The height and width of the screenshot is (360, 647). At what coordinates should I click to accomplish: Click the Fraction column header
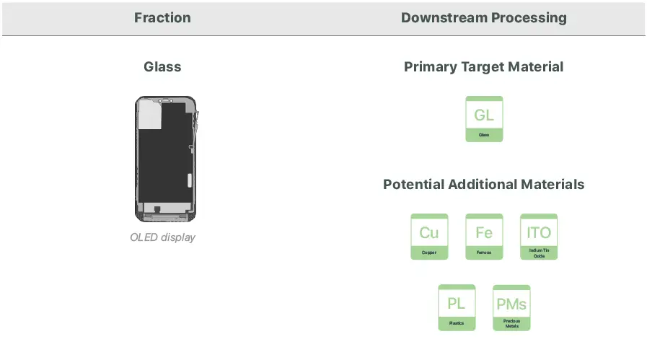pos(162,18)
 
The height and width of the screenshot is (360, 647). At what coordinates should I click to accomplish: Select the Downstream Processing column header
pos(483,18)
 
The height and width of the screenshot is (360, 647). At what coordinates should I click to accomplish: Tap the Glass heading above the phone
pos(162,67)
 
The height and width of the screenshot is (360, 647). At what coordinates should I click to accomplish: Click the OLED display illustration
pos(166,158)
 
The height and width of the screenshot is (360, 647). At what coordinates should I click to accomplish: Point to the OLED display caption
pos(162,237)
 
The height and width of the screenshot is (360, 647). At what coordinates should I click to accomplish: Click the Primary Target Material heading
pos(483,67)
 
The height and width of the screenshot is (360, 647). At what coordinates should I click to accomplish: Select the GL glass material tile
pos(484,118)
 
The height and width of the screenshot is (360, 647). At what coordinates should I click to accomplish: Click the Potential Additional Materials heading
pos(483,185)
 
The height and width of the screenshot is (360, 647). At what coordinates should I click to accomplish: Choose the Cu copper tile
pos(429,236)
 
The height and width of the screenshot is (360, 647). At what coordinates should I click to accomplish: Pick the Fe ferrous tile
pos(484,236)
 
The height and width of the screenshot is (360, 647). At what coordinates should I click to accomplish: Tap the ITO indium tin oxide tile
pos(539,236)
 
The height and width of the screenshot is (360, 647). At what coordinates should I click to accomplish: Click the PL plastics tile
pos(457,307)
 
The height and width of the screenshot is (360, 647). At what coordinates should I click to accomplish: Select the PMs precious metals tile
pos(511,307)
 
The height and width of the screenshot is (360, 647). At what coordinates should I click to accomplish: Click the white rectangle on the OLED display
pos(149,115)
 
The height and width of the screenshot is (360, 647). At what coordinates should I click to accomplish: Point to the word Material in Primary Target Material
pos(534,67)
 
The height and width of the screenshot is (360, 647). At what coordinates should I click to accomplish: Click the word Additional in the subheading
pos(487,185)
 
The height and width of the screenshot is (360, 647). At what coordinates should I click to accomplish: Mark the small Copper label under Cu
pos(429,253)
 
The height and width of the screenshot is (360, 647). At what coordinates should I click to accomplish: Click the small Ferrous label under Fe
pos(484,253)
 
